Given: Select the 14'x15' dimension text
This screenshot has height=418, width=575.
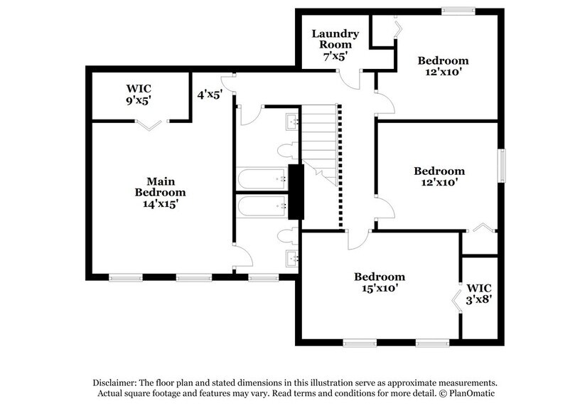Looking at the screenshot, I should [x=160, y=203].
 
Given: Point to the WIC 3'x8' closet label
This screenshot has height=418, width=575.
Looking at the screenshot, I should [x=480, y=294].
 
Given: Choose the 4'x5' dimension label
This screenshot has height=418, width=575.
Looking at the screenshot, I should [x=210, y=92].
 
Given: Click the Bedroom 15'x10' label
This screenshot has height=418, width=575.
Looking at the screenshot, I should [x=380, y=282].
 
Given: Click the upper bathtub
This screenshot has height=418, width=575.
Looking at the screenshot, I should [x=260, y=177].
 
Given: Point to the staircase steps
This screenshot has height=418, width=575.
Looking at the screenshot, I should [x=321, y=142].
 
